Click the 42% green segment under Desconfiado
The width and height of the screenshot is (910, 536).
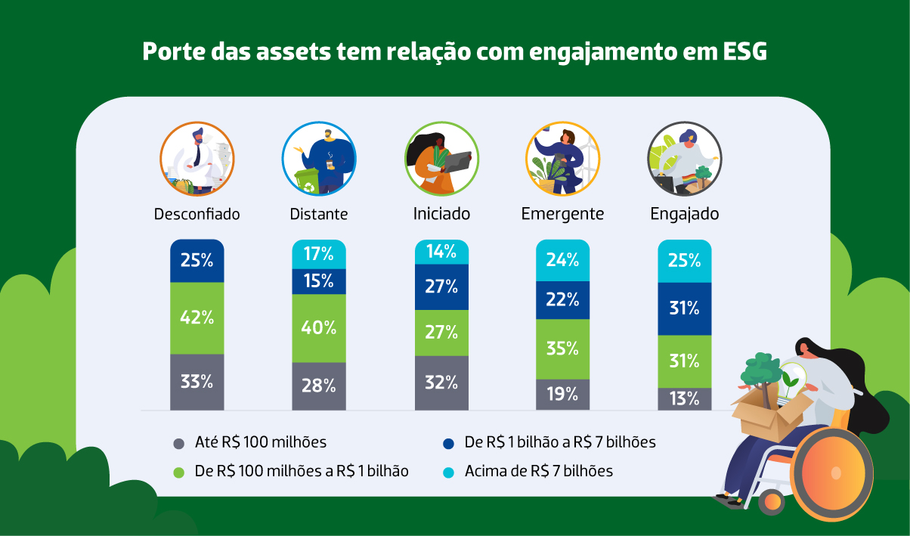click(x=197, y=318)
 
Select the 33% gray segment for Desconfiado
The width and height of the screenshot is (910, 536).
click(x=197, y=382)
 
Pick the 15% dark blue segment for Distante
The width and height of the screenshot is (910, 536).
click(x=319, y=281)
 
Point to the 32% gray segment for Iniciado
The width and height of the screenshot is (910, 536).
click(x=441, y=383)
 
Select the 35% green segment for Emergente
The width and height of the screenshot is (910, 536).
click(x=562, y=349)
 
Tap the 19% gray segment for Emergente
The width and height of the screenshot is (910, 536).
click(x=562, y=394)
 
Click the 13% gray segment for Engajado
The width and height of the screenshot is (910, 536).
click(x=684, y=398)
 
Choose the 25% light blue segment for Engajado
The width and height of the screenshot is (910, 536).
click(x=684, y=261)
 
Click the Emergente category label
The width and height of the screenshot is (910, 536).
click(x=562, y=214)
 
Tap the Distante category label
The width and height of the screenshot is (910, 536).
click(x=319, y=214)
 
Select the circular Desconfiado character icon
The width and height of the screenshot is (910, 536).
click(x=197, y=159)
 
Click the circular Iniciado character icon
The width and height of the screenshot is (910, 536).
click(x=441, y=159)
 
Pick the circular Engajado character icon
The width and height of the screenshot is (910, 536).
click(x=684, y=159)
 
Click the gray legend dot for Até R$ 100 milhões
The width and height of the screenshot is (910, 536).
click(x=179, y=443)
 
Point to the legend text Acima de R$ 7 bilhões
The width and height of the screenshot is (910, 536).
click(x=538, y=471)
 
